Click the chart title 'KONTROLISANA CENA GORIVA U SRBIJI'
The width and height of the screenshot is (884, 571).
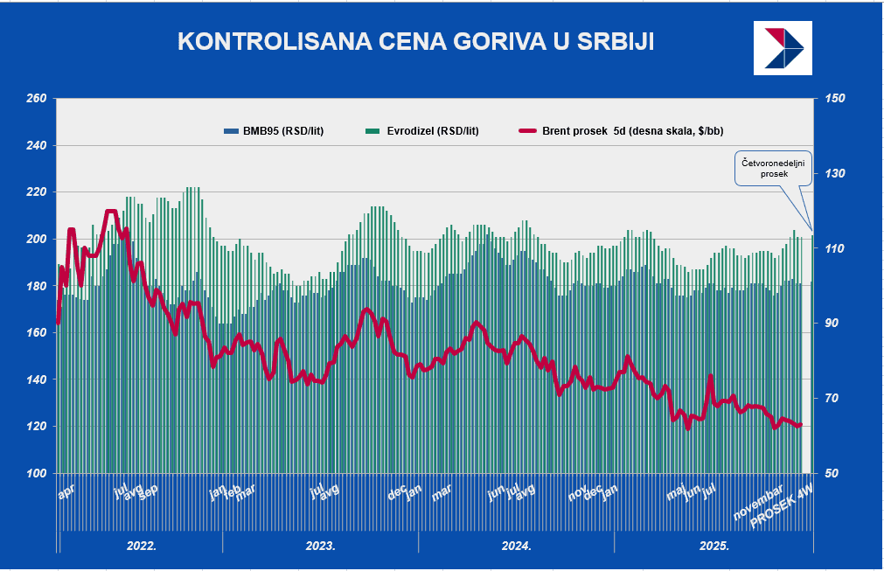(x=415, y=42)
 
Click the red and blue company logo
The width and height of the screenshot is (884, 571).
(x=783, y=47)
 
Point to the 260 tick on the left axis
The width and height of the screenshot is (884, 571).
(x=36, y=98)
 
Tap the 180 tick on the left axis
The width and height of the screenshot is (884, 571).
(x=36, y=286)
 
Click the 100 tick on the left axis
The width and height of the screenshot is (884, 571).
(x=36, y=473)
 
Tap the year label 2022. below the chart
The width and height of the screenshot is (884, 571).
(x=142, y=546)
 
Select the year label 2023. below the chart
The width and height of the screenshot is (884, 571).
(x=320, y=546)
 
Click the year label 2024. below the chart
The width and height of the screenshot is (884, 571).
(x=517, y=546)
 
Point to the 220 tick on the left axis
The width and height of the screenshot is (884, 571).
(x=36, y=191)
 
